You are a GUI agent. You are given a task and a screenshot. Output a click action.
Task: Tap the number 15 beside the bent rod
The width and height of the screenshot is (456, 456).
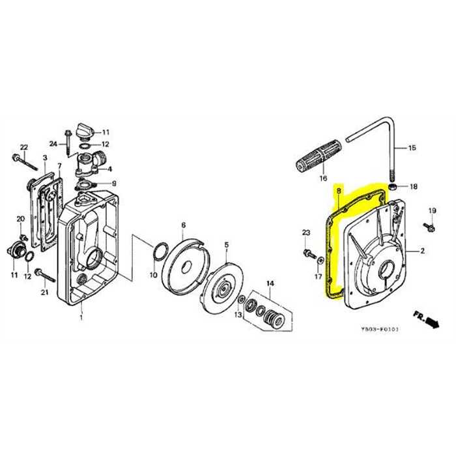412,149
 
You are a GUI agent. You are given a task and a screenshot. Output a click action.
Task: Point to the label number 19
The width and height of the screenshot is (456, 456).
431,210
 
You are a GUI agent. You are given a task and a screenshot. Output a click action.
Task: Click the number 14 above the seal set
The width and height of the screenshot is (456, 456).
270,283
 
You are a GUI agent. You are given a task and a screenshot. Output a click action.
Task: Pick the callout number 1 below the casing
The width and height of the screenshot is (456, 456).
81,317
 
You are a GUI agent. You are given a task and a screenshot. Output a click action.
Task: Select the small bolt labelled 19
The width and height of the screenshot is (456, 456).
429,227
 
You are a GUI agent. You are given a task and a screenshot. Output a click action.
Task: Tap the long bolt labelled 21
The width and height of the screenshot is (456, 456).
45,274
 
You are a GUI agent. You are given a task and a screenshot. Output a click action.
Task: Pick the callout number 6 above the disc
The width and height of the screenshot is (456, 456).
184,225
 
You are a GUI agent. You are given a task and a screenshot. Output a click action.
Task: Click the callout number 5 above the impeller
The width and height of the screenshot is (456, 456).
226,245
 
